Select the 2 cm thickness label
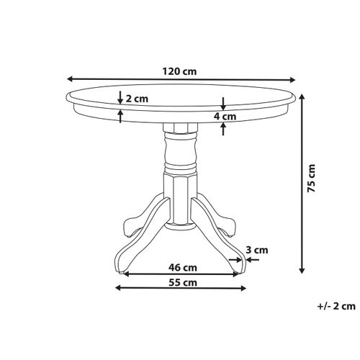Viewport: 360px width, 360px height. click(138, 100)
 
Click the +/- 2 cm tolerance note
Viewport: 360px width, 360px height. click(334, 307)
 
